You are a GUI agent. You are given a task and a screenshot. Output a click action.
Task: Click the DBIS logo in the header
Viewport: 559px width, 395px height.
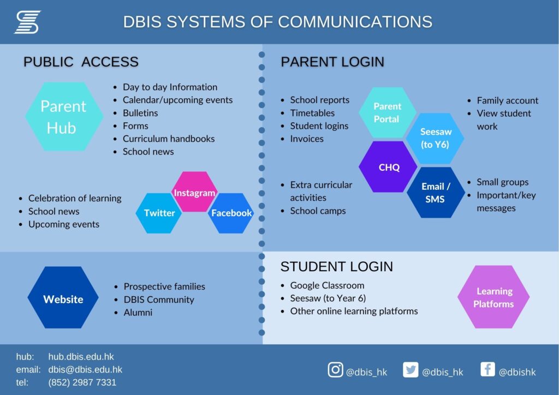click(x=27, y=22)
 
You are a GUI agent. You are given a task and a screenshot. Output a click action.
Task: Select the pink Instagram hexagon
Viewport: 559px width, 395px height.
click(x=194, y=192)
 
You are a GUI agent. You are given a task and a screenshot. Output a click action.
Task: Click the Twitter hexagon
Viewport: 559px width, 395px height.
click(x=159, y=213)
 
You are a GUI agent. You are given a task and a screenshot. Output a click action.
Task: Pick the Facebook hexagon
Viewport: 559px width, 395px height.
click(x=231, y=213)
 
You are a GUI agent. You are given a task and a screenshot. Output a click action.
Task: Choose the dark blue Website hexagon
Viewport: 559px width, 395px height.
click(x=63, y=297)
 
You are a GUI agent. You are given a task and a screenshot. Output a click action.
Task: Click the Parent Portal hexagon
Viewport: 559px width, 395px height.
click(x=388, y=112)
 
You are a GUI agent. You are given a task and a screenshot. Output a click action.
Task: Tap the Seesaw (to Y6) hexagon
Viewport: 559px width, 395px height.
click(x=435, y=138)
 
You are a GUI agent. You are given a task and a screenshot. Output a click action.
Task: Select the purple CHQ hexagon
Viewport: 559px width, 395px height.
click(x=388, y=167)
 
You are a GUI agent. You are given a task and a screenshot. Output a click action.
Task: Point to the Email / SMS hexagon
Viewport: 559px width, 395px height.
click(x=436, y=193)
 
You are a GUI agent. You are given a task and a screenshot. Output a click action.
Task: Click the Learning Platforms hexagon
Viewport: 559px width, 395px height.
click(x=493, y=297)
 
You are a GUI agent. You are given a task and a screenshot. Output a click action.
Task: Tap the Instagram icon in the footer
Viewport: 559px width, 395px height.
click(x=335, y=370)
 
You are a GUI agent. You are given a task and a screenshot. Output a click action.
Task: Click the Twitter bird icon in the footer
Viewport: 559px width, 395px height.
click(x=411, y=370)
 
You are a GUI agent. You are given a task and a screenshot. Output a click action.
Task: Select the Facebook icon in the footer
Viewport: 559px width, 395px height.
click(x=487, y=369)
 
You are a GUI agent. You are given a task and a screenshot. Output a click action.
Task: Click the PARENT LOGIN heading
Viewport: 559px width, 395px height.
click(x=332, y=62)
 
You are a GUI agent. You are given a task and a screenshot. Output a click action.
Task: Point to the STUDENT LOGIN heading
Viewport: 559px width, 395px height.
click(x=336, y=267)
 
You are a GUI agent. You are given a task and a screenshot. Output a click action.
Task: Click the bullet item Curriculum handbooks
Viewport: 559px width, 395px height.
click(x=169, y=139)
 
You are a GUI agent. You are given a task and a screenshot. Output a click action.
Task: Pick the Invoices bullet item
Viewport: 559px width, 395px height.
click(x=307, y=139)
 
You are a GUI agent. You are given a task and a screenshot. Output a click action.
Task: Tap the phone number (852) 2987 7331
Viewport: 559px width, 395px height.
click(x=82, y=382)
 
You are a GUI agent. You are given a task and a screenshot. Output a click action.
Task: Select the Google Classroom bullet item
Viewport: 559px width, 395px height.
click(x=328, y=286)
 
